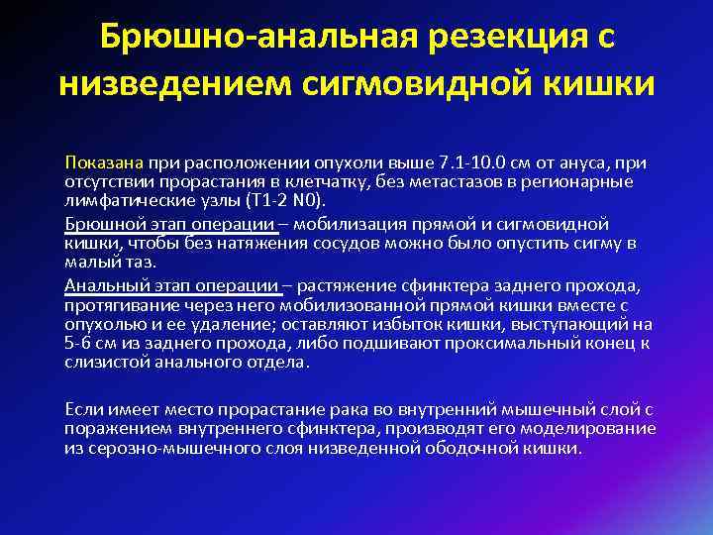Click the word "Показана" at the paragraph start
(x=105, y=162)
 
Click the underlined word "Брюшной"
(x=98, y=224)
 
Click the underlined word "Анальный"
(x=101, y=285)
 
